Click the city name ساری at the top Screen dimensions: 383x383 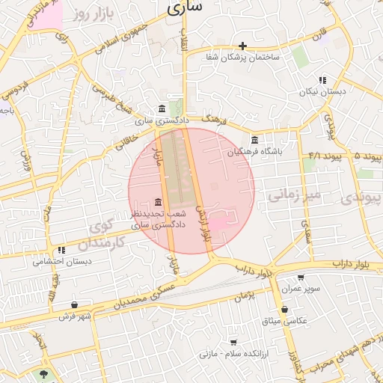pyautogui.click(x=184, y=8)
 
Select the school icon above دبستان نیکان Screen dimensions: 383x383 pyautogui.click(x=322, y=80)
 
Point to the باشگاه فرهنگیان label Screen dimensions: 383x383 pyautogui.click(x=256, y=152)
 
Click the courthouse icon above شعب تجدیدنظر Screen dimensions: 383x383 pyautogui.click(x=157, y=202)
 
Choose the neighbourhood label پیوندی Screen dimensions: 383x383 pyautogui.click(x=357, y=197)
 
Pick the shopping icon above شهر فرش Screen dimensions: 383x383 pyautogui.click(x=74, y=305)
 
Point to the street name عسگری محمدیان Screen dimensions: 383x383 pyautogui.click(x=146, y=297)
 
